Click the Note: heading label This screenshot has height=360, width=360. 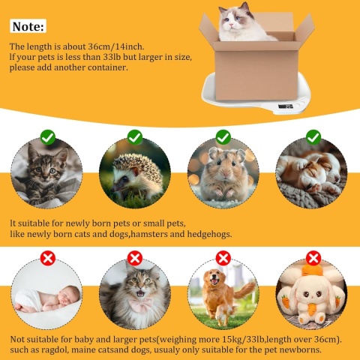click(x=28, y=26)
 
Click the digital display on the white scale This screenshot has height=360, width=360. click(x=285, y=106)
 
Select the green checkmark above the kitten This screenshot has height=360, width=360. click(x=48, y=137)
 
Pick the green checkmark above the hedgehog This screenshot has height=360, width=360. click(x=135, y=137)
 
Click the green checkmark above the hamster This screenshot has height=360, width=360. click(x=223, y=137)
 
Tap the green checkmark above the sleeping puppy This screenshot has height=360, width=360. click(x=313, y=137)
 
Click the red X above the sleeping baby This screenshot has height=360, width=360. click(x=48, y=258)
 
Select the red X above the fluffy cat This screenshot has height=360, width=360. click(x=135, y=258)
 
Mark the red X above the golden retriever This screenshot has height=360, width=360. click(x=223, y=258)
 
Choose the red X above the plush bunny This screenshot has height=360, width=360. click(x=313, y=258)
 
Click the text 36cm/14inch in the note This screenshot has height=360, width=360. click(x=115, y=46)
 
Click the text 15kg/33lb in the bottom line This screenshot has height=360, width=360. click(x=243, y=340)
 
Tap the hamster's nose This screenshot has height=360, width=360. click(x=226, y=174)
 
